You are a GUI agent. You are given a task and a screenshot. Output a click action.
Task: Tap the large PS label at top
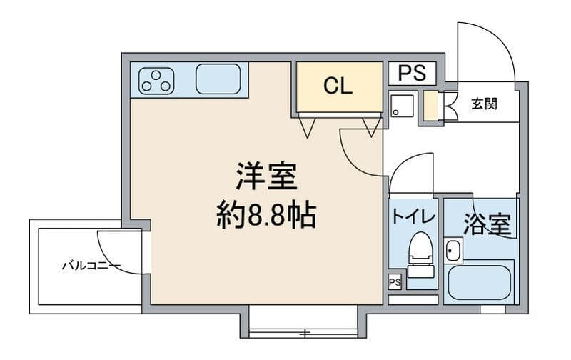pos(412,73)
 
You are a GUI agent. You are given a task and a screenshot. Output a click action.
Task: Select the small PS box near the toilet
pos(395,282)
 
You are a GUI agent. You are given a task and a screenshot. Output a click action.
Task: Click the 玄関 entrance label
pos(483,104)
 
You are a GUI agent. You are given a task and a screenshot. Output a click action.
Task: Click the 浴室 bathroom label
pos(487,224)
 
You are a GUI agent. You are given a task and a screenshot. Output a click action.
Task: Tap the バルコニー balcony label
pos(91,266)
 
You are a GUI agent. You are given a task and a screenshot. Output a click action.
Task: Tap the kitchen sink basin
pos(219,79)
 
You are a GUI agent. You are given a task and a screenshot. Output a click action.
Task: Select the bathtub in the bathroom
pos(480,283)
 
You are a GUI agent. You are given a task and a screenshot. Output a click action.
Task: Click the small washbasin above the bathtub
pos(453,250)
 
